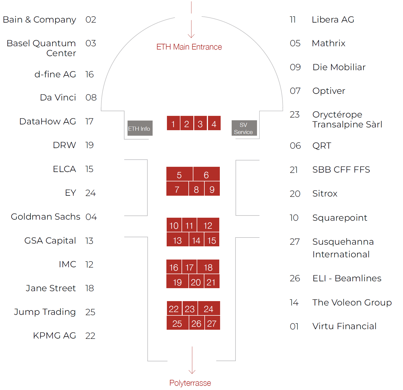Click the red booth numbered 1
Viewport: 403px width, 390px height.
173,123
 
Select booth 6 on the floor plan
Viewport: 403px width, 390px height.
206,174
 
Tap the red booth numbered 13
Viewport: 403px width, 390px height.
177,240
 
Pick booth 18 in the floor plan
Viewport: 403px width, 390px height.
208,267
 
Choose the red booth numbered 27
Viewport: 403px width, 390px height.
212,323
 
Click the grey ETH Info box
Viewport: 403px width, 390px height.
140,128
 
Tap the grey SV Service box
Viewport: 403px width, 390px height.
244,128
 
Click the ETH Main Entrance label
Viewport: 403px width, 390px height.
189,47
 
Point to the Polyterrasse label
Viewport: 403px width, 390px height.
190,383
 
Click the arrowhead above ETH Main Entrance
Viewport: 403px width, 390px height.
191,36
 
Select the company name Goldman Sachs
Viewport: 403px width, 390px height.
45,217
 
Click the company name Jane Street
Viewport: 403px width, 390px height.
51,288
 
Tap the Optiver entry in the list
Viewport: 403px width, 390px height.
329,91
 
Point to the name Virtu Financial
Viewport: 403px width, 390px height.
344,326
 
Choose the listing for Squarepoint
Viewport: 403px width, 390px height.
340,218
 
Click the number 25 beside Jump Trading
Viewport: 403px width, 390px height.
90,312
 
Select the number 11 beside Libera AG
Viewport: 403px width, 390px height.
293,20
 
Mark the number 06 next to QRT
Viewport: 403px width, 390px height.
295,146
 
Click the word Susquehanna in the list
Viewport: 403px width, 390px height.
343,242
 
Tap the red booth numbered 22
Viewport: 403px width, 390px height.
174,309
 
